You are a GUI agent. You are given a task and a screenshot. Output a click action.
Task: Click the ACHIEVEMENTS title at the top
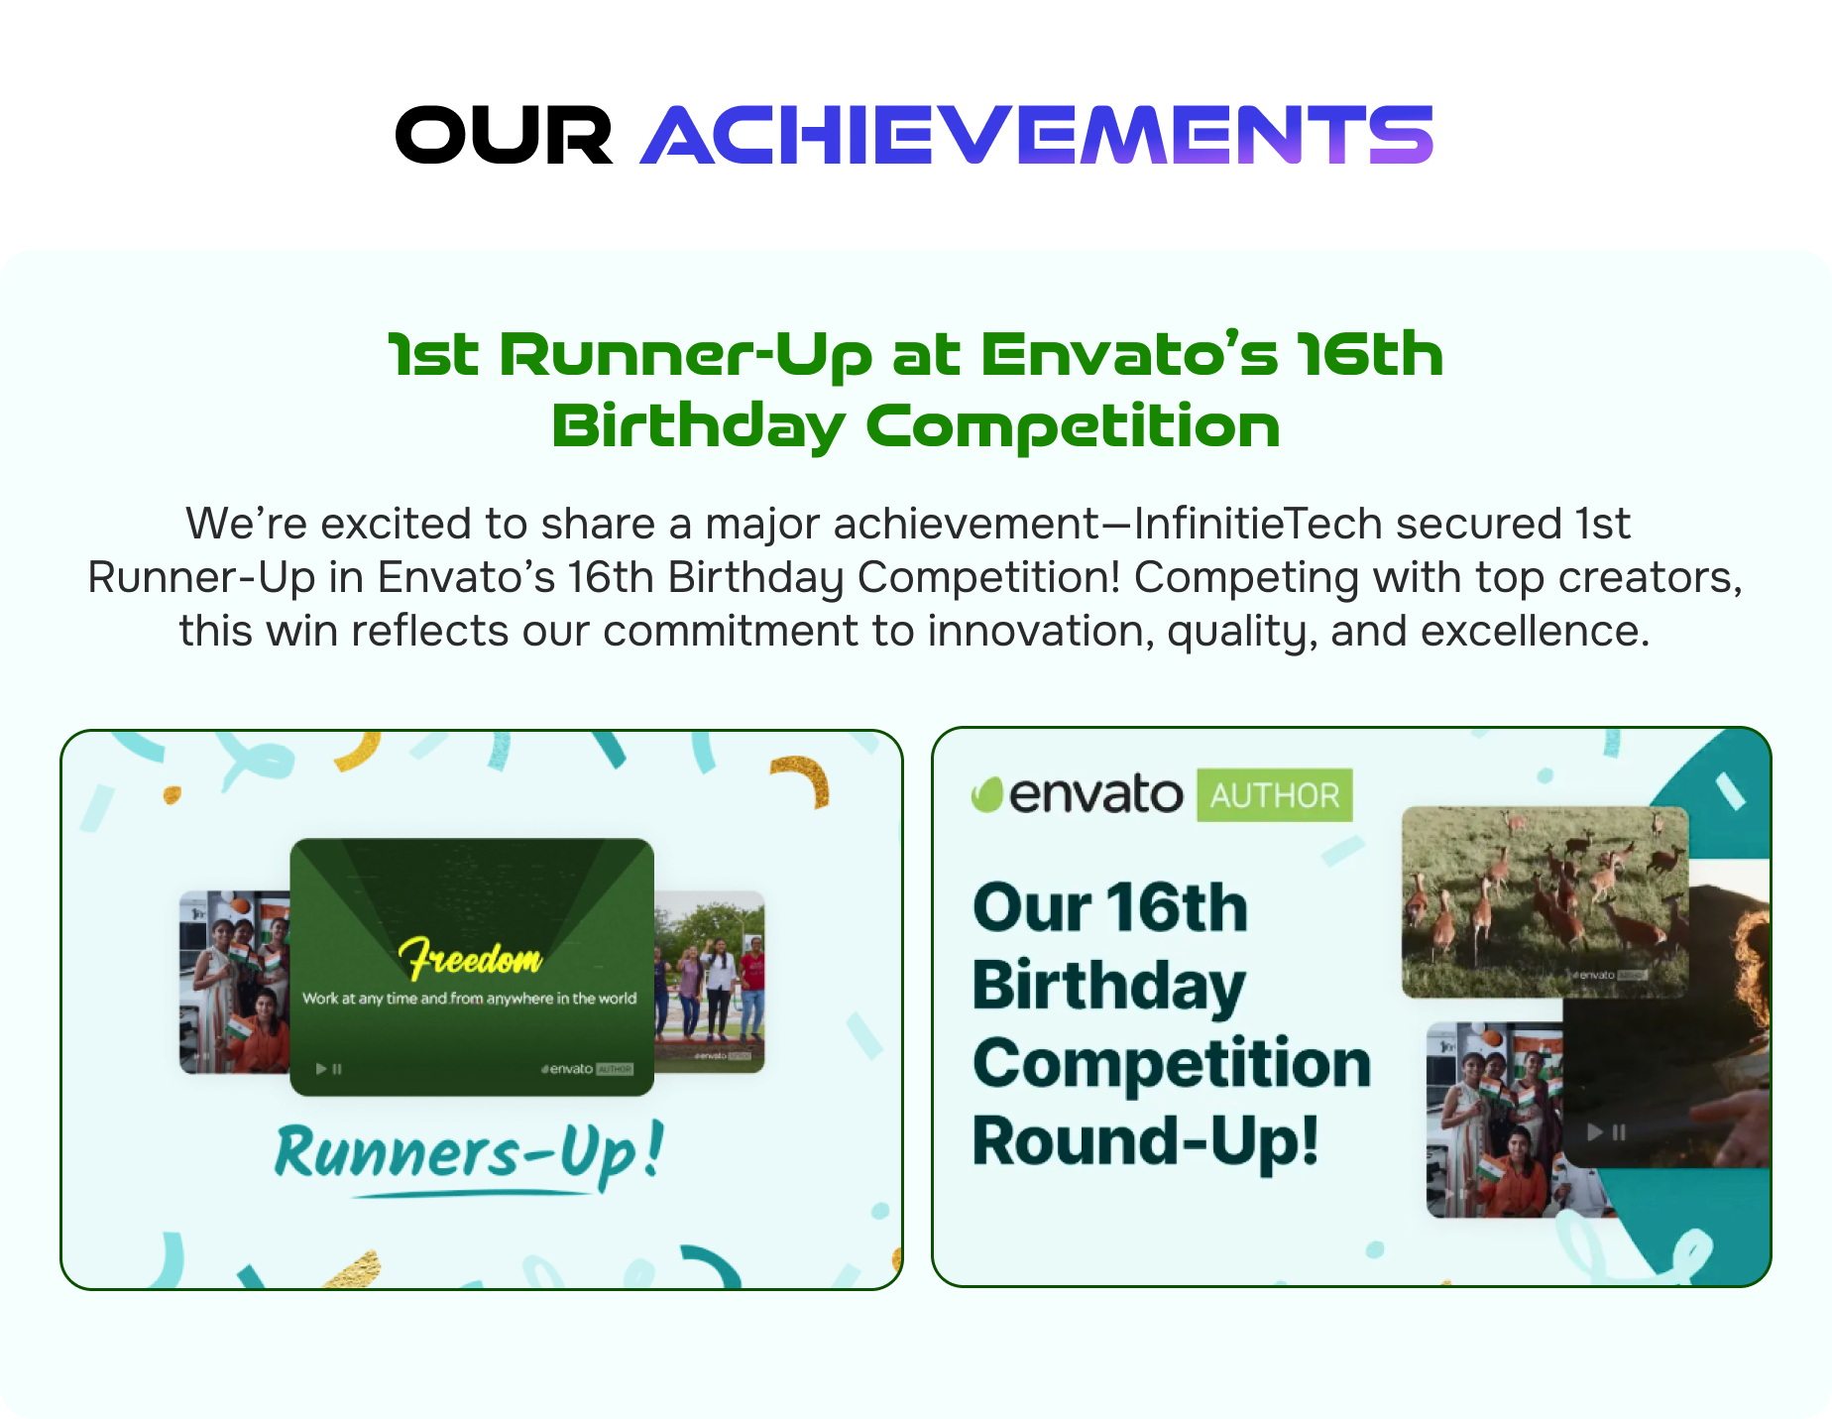(1036, 135)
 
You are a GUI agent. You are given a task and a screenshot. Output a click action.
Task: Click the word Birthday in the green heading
(698, 427)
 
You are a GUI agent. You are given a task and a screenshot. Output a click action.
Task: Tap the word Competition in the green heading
(1073, 427)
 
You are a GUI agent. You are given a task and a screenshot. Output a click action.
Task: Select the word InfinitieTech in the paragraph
(1257, 524)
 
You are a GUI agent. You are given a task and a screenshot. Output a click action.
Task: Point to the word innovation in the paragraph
(1041, 631)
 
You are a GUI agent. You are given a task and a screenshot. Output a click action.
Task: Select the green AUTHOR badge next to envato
(1274, 795)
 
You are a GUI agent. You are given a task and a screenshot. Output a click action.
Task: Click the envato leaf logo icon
(987, 795)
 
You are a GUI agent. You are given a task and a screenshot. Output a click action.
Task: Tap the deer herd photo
(1544, 900)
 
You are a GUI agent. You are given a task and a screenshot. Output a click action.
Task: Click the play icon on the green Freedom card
(321, 1069)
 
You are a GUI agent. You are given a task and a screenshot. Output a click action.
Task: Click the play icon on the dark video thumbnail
(1595, 1131)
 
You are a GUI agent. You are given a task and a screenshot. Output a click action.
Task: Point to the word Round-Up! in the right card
(1145, 1140)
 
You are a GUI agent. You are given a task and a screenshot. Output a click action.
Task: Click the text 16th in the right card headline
(1177, 907)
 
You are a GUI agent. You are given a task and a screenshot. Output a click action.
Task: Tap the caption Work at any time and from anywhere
(469, 999)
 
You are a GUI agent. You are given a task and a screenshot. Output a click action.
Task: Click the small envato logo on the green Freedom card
(568, 1069)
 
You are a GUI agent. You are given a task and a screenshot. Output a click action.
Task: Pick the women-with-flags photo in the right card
(1492, 1121)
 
